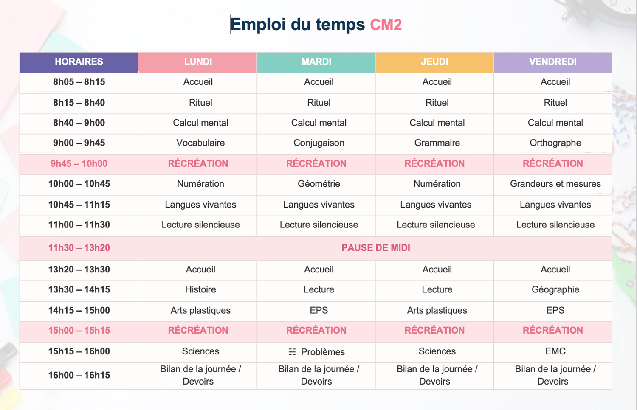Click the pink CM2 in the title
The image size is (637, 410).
click(x=386, y=25)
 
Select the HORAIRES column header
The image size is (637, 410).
click(x=79, y=62)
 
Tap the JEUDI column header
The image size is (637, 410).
click(x=434, y=62)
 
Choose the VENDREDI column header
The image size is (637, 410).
click(x=553, y=62)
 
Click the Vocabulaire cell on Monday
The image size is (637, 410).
click(x=200, y=143)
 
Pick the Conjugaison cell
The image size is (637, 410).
click(x=319, y=143)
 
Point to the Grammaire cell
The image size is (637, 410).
click(x=437, y=143)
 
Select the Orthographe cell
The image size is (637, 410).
click(x=555, y=143)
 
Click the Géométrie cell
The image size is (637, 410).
click(x=319, y=183)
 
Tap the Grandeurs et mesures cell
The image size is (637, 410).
click(x=555, y=183)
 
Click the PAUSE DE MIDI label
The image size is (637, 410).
click(x=376, y=248)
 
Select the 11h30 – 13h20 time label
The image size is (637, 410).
click(x=79, y=248)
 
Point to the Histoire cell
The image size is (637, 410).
click(x=200, y=289)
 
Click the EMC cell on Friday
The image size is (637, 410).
click(x=555, y=351)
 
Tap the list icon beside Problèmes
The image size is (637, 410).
click(x=292, y=352)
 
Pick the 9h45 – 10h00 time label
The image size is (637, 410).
click(x=79, y=164)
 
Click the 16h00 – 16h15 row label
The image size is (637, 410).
click(x=79, y=375)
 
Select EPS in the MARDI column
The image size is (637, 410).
click(x=319, y=310)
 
